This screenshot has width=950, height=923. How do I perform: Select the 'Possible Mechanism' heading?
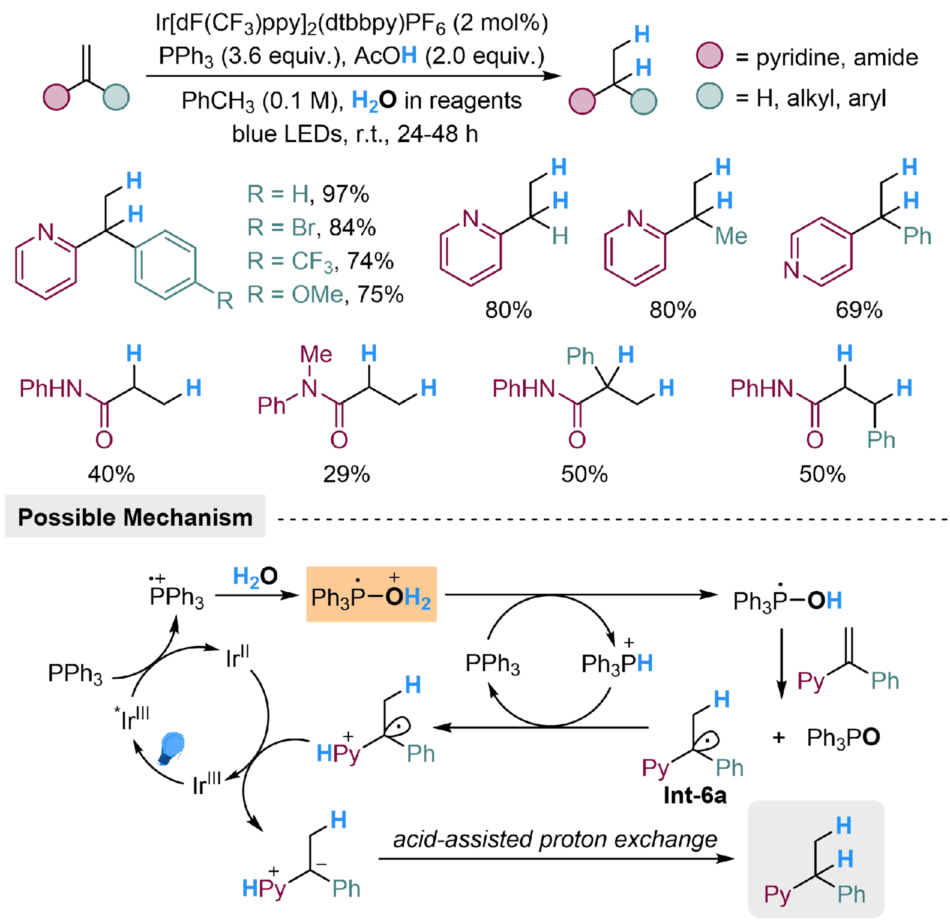135,517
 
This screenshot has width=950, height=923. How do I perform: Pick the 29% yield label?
346,474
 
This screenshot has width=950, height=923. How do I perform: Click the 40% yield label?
111,474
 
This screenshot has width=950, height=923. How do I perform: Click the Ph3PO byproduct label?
843,737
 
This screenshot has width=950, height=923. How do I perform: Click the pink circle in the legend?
709,56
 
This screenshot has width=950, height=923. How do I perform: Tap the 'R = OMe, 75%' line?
325,294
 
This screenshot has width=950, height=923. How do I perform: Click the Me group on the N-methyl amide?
316,354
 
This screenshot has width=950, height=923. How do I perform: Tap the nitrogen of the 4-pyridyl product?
792,269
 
